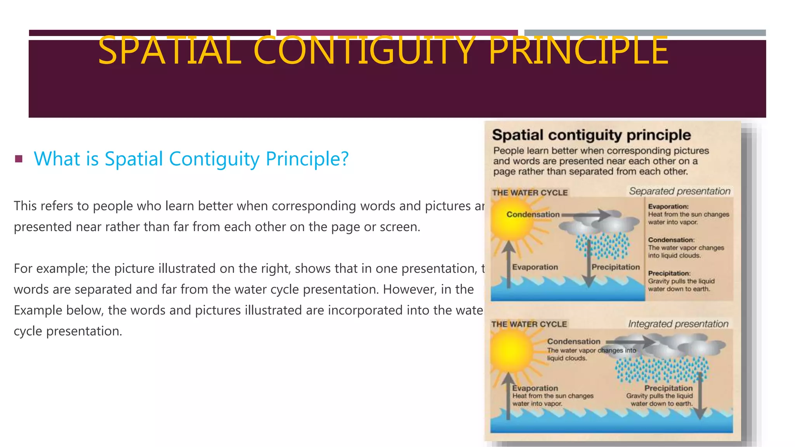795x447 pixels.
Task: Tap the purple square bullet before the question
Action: (x=19, y=159)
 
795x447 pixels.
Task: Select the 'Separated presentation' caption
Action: (x=679, y=191)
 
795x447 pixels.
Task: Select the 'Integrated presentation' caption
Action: (x=678, y=324)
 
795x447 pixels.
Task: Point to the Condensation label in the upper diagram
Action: (x=533, y=215)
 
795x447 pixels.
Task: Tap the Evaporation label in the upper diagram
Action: (x=535, y=267)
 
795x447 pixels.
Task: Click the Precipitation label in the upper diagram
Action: (x=615, y=267)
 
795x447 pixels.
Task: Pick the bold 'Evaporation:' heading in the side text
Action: (x=668, y=206)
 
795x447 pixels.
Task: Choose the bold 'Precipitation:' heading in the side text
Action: (x=669, y=273)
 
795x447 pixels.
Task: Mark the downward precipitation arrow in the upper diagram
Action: (x=588, y=268)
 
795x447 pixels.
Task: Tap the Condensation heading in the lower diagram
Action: (x=573, y=341)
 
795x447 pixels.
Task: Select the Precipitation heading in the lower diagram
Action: (x=668, y=388)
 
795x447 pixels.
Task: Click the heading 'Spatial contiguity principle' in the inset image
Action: (x=591, y=135)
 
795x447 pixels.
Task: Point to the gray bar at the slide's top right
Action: (x=645, y=33)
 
